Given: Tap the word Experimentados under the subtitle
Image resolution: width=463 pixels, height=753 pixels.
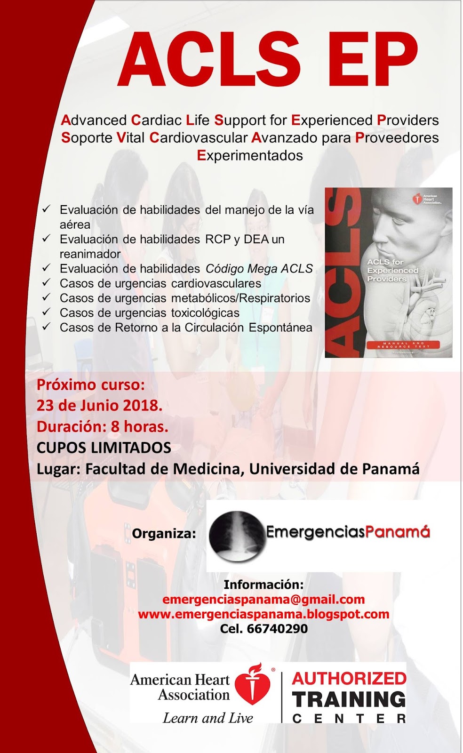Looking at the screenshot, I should (250, 155).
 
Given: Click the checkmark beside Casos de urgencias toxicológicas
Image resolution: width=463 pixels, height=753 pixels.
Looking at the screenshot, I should (46, 312).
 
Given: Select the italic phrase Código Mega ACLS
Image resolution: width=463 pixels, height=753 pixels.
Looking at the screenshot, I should (259, 269).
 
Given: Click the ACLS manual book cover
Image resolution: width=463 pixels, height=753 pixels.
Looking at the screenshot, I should (388, 272).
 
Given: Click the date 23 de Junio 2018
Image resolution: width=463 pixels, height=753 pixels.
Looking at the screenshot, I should (100, 405).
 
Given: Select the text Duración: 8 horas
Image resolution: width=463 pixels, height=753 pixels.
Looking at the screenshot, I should (103, 426).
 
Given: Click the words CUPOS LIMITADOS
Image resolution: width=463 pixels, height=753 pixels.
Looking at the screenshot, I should (104, 448).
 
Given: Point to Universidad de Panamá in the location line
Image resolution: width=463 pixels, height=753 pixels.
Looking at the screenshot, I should (335, 469).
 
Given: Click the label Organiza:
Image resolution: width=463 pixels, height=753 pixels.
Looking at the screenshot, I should (164, 533).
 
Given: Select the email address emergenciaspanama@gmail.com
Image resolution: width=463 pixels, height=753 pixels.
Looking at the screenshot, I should (263, 599).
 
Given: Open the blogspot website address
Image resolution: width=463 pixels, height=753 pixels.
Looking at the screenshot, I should (263, 614).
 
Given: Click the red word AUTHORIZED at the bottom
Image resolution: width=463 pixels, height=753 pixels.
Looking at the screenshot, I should (349, 679).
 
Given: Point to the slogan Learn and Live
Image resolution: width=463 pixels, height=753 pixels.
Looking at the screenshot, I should (208, 718).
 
